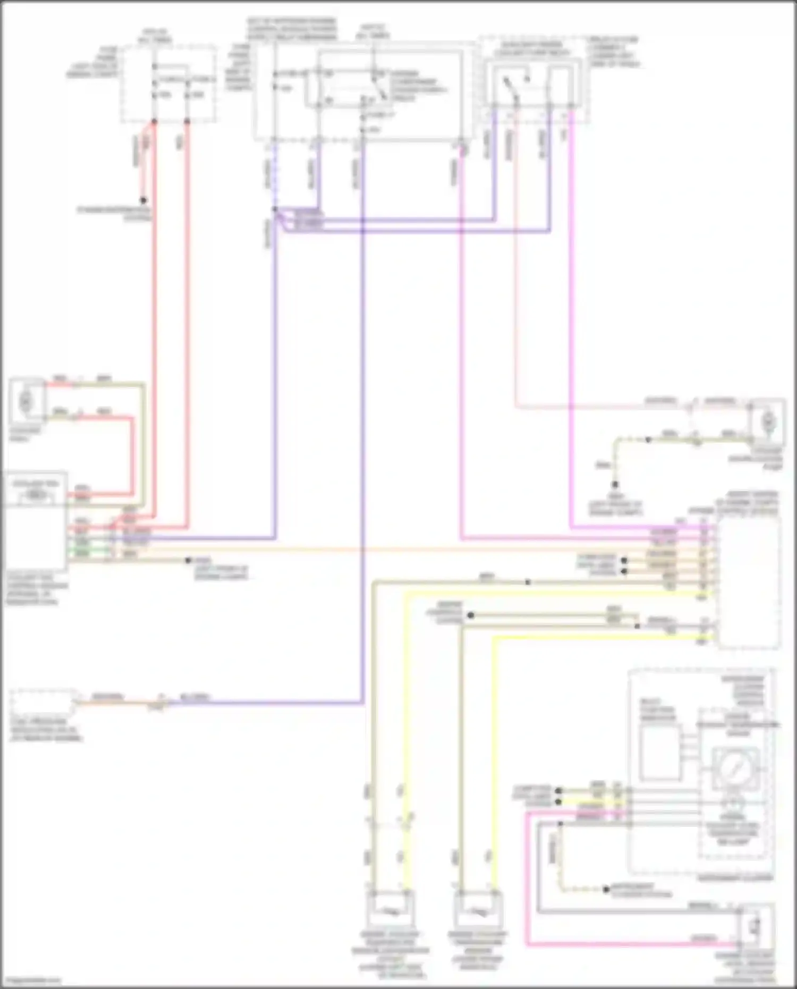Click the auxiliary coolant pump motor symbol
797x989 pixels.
coord(767,422)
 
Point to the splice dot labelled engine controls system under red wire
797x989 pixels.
coord(143,201)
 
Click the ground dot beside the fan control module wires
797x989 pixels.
coord(188,560)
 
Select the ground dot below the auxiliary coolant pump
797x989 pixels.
coord(615,485)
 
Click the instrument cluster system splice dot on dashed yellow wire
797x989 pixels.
coord(606,889)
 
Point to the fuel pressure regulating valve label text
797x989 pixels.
coord(45,730)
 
